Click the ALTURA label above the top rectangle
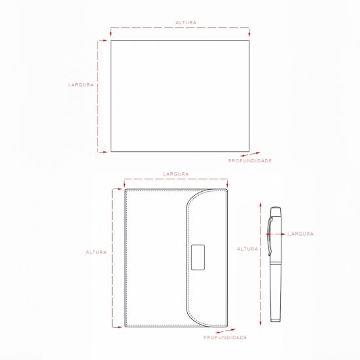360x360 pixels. coord(186,22)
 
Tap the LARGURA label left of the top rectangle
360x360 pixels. coord(81,84)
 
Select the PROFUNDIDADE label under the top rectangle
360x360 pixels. coord(250,161)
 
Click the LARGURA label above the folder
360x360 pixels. coord(176,174)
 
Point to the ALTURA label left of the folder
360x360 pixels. coord(96,252)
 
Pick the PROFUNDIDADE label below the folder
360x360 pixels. coord(225,338)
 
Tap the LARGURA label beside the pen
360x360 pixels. coord(301,234)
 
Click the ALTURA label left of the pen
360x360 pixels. coord(247,249)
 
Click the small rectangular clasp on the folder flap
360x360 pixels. coord(198,257)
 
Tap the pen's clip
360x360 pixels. coord(270,236)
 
